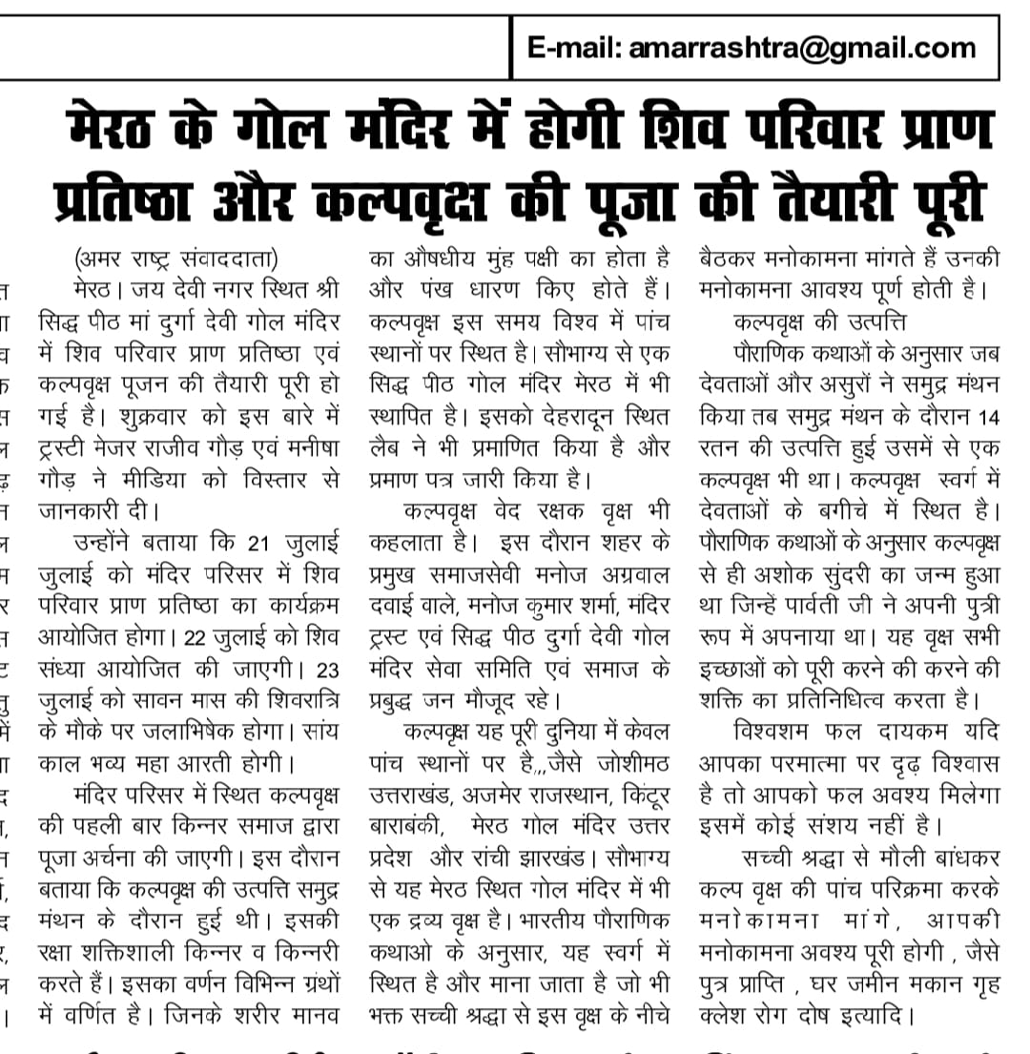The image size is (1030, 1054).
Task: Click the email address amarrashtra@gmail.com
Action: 802,48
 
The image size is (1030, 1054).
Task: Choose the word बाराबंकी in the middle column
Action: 410,826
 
